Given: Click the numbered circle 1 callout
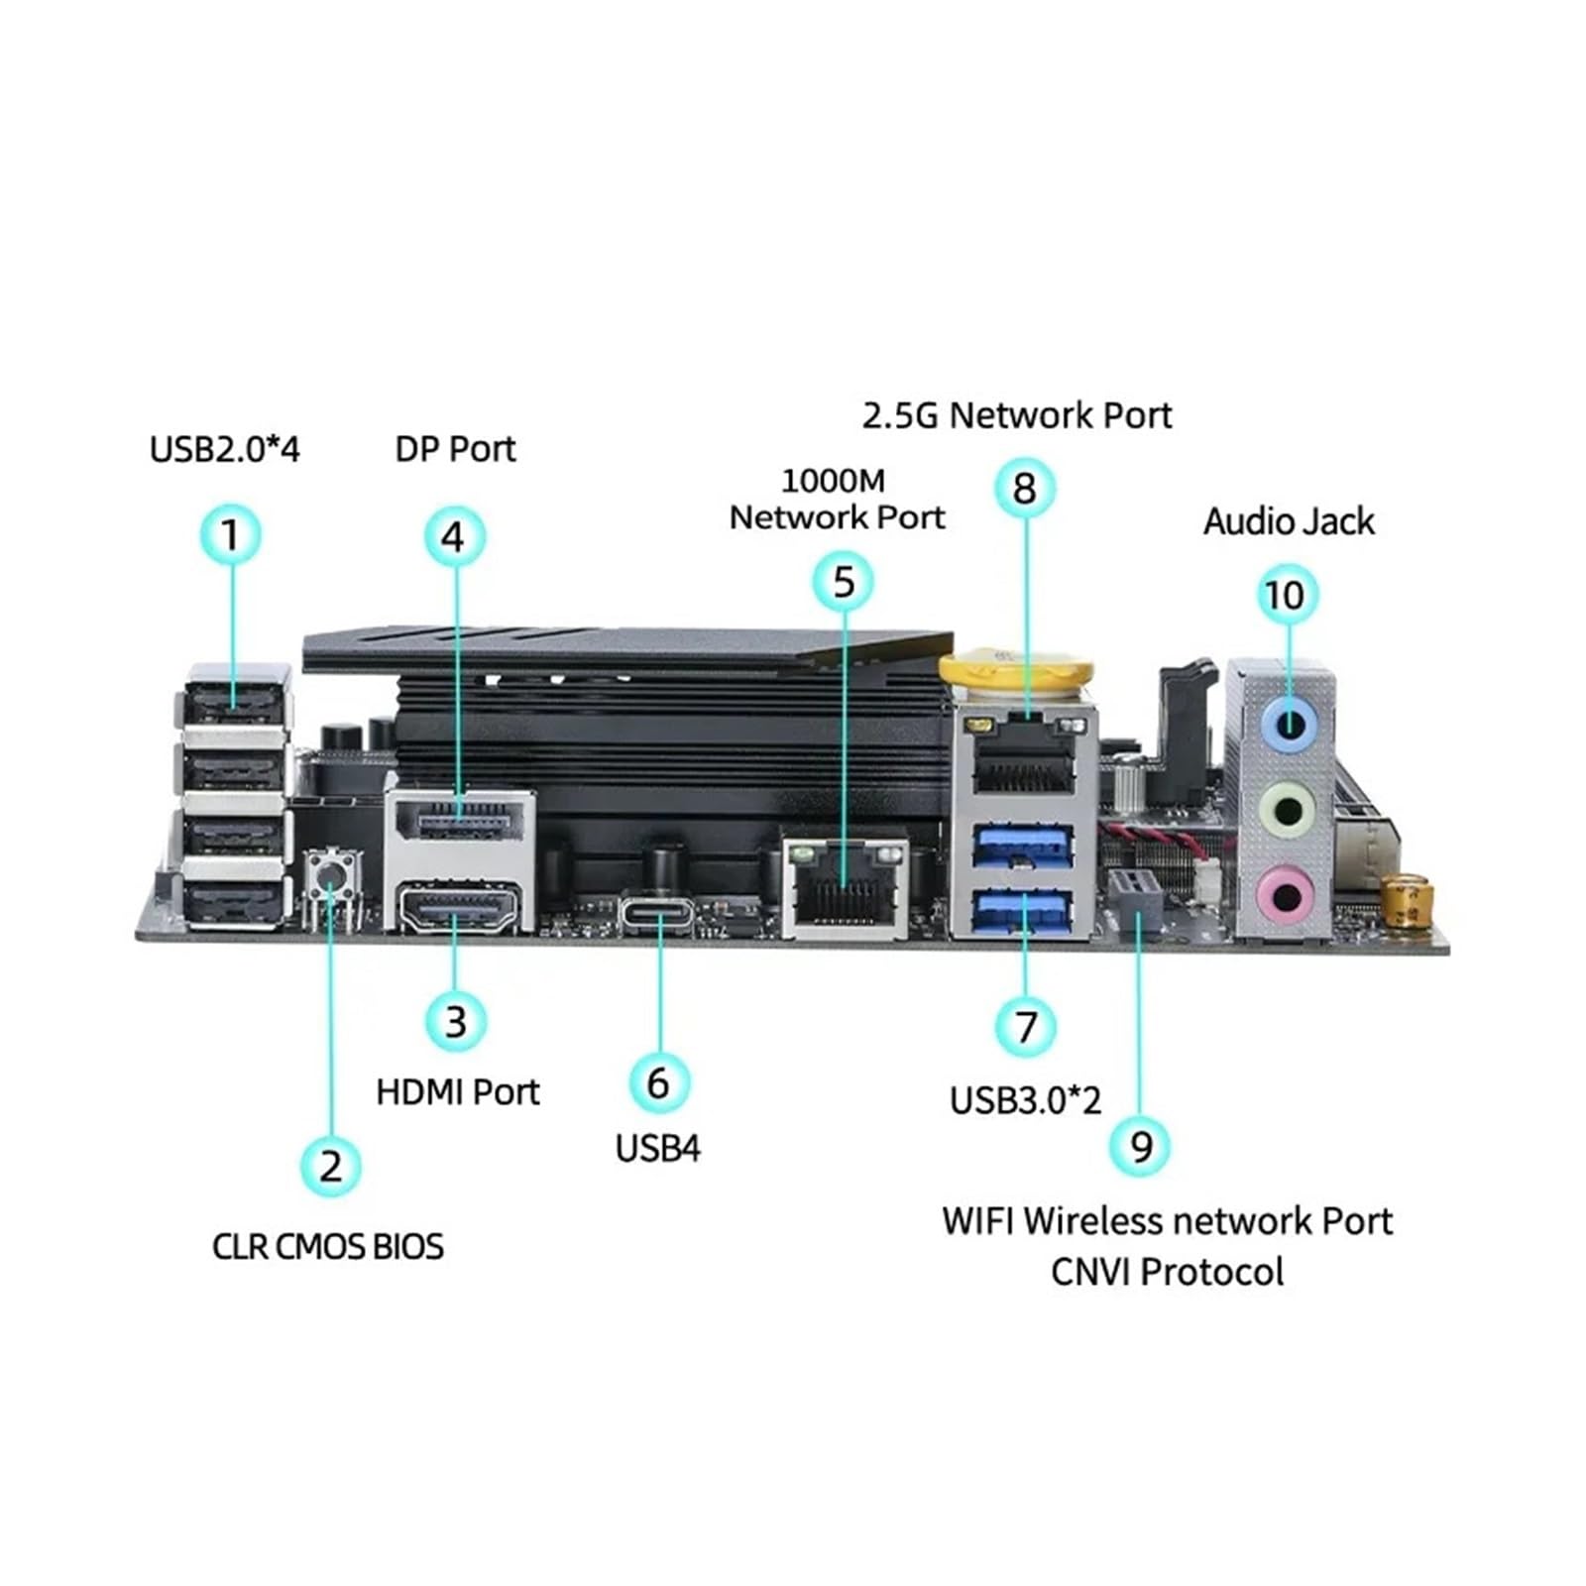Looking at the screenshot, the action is click(x=231, y=535).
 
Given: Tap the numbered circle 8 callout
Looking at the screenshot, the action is click(x=1025, y=488).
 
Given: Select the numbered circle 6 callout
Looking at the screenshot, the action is click(x=658, y=1082).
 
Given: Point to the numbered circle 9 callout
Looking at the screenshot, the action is click(x=1140, y=1146).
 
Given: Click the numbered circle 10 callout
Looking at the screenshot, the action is click(x=1287, y=595).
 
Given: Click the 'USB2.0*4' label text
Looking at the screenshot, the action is click(x=224, y=449).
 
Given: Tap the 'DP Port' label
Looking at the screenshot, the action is click(x=455, y=449).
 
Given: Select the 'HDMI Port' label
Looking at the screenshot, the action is click(x=458, y=1092).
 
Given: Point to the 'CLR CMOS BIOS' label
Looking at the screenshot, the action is click(x=328, y=1246).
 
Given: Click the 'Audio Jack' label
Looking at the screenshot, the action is click(x=1289, y=521).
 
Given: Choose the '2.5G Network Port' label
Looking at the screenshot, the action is click(x=1017, y=415).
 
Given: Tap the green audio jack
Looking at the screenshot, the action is click(x=1287, y=810).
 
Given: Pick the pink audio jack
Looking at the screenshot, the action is click(x=1286, y=895).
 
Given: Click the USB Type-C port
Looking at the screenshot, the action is click(x=659, y=913).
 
